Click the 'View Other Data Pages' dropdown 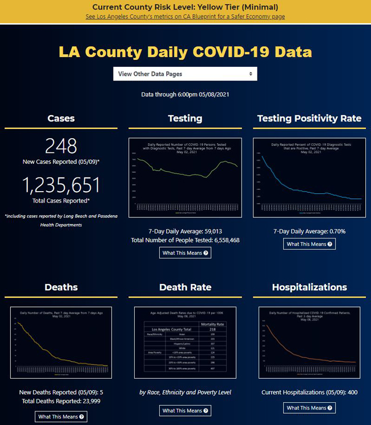(x=185, y=74)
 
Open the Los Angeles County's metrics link (x=185, y=17)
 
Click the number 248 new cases (x=61, y=146)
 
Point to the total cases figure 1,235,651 (x=61, y=185)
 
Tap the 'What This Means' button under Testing (x=185, y=253)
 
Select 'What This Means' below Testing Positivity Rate (x=309, y=244)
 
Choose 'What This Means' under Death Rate (x=185, y=410)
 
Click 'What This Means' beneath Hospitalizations (x=309, y=408)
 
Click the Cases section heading (x=61, y=119)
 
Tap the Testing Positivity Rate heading (x=309, y=119)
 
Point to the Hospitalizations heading (x=309, y=287)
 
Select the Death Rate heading (x=185, y=287)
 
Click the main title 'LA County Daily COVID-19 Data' (x=185, y=52)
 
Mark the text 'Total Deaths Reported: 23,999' (x=61, y=402)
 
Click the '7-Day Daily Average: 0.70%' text (x=309, y=231)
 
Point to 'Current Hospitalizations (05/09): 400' (x=309, y=393)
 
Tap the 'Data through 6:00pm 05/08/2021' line (x=185, y=94)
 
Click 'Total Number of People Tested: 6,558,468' (x=185, y=240)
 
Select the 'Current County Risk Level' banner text (x=185, y=7)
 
